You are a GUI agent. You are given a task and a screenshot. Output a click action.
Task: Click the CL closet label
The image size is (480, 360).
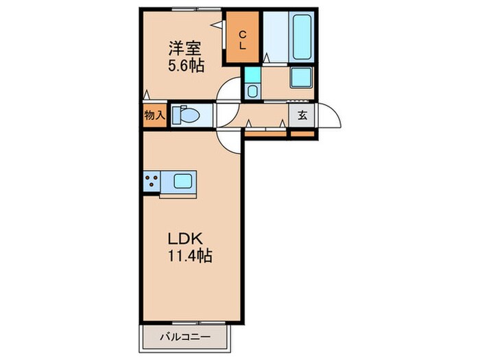[x=243, y=39]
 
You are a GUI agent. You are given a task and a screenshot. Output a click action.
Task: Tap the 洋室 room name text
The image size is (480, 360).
[x=183, y=49]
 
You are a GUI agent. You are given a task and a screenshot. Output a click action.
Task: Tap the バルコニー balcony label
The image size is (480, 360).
[x=185, y=337]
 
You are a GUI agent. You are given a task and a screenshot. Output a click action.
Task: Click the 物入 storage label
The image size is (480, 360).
[x=154, y=115]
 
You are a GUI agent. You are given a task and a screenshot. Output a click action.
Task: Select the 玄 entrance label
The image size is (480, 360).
[x=302, y=115]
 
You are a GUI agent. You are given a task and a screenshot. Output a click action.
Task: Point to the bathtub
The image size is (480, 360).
[x=302, y=36]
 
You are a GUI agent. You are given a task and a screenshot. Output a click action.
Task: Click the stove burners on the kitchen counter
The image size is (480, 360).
[x=152, y=182]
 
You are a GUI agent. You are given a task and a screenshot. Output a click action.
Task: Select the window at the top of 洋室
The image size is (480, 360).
[x=185, y=9]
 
